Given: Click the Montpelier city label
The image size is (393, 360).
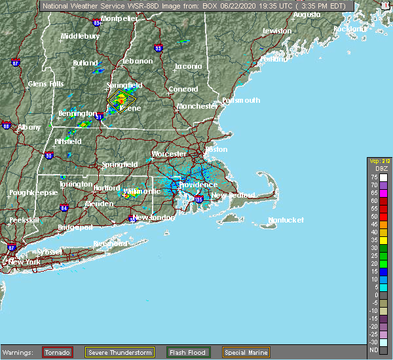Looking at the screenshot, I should pos(121,19).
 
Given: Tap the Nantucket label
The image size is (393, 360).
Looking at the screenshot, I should pos(286,220).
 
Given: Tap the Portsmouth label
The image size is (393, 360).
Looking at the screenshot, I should pos(240,100).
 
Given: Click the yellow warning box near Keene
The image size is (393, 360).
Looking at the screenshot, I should pos(119,100).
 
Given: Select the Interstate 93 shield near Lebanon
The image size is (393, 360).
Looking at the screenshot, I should pos(158,47).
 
